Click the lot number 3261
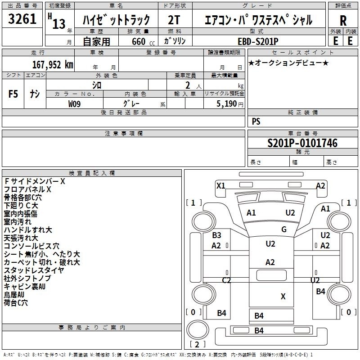(22, 19)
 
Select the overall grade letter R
(343, 21)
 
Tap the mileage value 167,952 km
(53, 64)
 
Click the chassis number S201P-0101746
(302, 143)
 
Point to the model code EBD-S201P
(258, 41)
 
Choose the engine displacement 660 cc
(143, 41)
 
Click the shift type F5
(13, 94)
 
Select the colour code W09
(74, 104)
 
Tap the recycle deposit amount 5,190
(226, 103)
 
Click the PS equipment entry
(256, 121)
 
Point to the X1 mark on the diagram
(221, 185)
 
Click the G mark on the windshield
(284, 229)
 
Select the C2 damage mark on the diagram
(226, 280)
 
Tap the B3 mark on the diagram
(216, 235)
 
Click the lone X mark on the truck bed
(283, 296)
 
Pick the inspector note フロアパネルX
(27, 189)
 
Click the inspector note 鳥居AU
(14, 295)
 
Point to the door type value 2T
(174, 20)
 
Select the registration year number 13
(59, 23)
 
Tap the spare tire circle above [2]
(198, 329)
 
